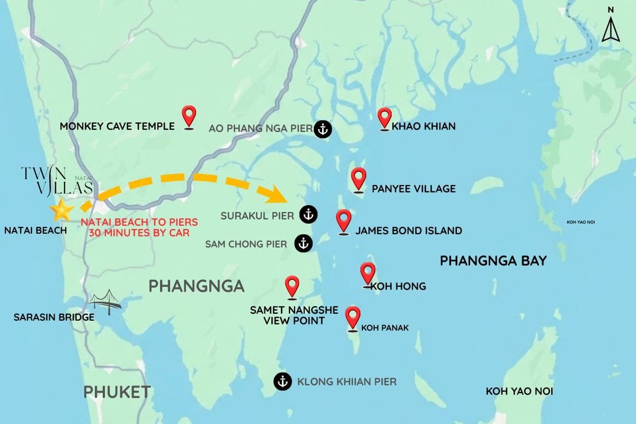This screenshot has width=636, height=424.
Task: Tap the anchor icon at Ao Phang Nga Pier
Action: click(x=322, y=129)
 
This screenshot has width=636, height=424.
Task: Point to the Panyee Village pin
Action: click(x=359, y=179)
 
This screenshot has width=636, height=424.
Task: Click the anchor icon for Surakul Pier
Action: click(x=308, y=215)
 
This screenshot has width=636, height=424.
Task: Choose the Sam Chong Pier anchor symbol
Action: click(x=303, y=243)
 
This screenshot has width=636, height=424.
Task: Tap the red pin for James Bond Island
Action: click(x=343, y=220)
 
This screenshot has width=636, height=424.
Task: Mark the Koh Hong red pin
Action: click(x=368, y=273)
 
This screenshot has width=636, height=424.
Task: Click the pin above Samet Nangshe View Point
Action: click(x=291, y=286)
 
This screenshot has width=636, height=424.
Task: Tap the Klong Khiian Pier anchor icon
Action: click(x=282, y=381)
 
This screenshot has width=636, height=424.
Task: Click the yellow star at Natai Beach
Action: click(x=61, y=210)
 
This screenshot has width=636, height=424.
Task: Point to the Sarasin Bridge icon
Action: click(x=104, y=301)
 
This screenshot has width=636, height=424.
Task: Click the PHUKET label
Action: click(x=117, y=392)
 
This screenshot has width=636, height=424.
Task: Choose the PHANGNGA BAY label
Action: click(x=493, y=260)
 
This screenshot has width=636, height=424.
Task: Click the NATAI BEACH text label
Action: click(x=35, y=231)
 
